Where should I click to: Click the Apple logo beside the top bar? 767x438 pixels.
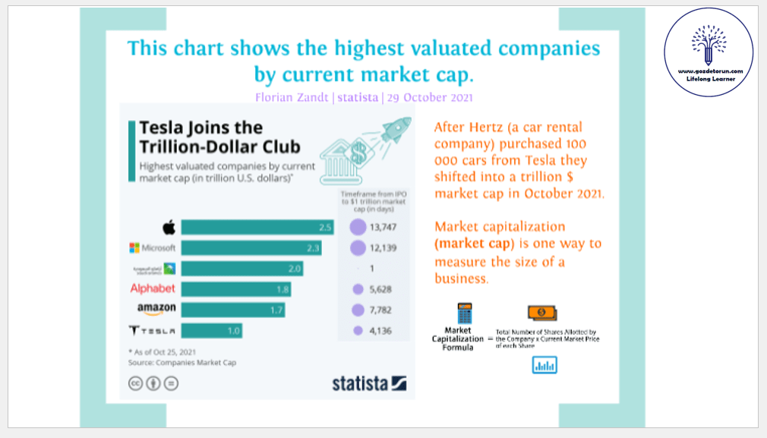169,227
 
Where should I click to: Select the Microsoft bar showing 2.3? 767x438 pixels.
251,247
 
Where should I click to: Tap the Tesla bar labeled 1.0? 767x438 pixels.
211,330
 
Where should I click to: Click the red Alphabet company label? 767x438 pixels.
153,288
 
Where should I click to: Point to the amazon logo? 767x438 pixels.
156,308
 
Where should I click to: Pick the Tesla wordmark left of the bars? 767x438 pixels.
153,330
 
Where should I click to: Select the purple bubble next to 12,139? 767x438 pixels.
358,247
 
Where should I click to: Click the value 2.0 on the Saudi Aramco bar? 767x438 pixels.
294,268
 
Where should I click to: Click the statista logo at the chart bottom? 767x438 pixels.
369,383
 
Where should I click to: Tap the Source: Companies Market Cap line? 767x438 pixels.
181,363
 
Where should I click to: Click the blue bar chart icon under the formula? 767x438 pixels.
544,365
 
